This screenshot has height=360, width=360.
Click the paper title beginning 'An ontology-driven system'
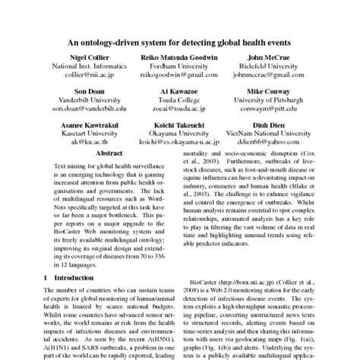[180, 44]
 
